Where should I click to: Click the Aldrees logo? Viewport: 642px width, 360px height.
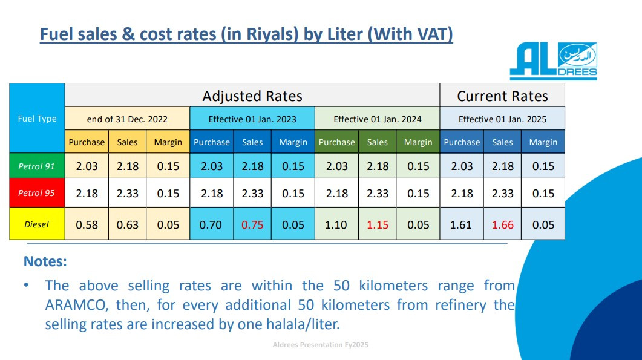click(x=553, y=61)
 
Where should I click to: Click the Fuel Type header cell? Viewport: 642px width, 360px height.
click(x=38, y=119)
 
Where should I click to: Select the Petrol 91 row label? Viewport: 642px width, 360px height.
click(x=38, y=166)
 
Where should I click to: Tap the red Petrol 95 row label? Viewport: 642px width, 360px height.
click(x=38, y=193)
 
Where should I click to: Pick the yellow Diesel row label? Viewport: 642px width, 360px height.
click(x=38, y=224)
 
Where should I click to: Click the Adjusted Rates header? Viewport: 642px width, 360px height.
click(x=252, y=96)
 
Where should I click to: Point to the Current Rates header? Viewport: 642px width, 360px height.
click(x=502, y=96)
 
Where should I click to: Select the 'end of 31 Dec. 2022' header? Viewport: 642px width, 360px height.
click(x=127, y=119)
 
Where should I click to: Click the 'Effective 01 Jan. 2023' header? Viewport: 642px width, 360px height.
click(x=252, y=119)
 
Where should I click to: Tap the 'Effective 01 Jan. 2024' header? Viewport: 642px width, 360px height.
click(x=378, y=119)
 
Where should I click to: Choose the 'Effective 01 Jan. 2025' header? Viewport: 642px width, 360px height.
click(x=502, y=119)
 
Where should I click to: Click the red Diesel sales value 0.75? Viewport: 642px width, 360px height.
click(x=252, y=225)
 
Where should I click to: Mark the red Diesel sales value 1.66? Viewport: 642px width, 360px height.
click(x=502, y=225)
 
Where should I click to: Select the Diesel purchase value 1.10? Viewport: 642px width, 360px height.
click(x=336, y=225)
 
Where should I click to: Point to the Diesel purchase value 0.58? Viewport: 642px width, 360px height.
click(x=87, y=225)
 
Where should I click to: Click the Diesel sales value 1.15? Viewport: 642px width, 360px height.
click(x=378, y=225)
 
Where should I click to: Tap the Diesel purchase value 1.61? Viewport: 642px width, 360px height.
click(x=461, y=225)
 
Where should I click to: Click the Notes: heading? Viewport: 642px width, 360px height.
click(x=45, y=261)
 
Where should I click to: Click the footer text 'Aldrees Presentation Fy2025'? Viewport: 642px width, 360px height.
click(x=321, y=345)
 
